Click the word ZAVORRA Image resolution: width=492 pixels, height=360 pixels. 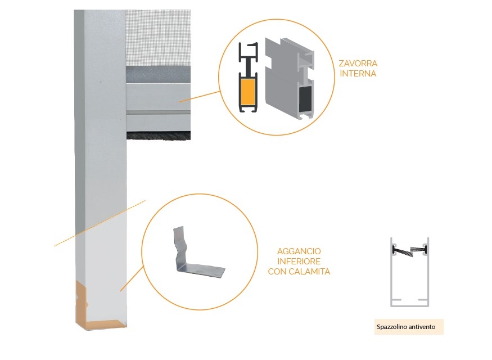[x=358, y=64]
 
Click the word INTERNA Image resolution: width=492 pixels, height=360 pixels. [x=358, y=74]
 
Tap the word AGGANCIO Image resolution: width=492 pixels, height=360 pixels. [x=299, y=251]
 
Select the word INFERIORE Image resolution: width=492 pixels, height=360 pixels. [x=299, y=261]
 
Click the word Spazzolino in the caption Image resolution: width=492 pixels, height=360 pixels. [x=390, y=327]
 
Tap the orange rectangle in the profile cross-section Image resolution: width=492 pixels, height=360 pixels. [x=247, y=92]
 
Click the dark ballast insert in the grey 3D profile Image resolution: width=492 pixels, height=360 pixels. [x=305, y=98]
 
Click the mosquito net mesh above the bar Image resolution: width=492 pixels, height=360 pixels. [x=158, y=38]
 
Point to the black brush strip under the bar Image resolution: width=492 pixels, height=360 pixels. [x=159, y=136]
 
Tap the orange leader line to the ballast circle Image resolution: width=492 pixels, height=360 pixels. [x=200, y=96]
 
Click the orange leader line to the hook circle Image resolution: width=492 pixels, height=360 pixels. [x=132, y=278]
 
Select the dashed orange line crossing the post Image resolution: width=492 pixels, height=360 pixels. [x=100, y=223]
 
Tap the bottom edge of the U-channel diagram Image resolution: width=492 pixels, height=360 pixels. [x=409, y=305]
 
